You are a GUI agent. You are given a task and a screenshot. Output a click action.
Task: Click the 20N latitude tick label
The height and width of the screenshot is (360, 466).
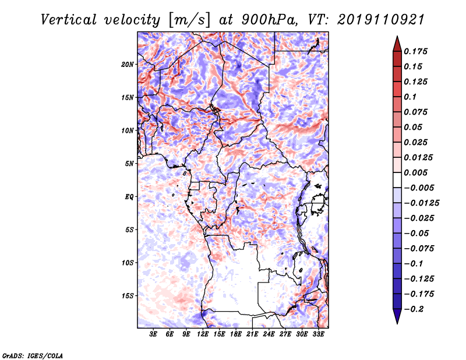(128, 65)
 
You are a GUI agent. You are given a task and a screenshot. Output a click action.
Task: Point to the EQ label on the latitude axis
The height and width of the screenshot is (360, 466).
(129, 197)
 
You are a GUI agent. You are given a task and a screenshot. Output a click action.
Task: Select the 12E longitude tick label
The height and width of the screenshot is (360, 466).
(202, 334)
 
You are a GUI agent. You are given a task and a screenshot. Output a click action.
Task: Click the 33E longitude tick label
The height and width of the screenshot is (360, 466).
(318, 334)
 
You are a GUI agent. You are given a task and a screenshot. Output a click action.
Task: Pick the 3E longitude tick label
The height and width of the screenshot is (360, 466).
(153, 334)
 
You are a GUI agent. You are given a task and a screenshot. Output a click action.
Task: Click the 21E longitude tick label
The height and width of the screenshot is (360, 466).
(252, 334)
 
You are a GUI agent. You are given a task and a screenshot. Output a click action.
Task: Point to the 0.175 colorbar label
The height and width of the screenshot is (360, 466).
(415, 51)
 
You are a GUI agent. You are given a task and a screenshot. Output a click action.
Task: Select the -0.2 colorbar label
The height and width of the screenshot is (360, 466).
(414, 309)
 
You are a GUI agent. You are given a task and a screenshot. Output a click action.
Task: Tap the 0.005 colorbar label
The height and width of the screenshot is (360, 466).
(415, 172)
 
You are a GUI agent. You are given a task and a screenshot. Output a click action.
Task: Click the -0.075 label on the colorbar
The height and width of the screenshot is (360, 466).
(419, 249)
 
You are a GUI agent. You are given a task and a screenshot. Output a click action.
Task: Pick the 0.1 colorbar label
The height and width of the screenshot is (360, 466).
(411, 97)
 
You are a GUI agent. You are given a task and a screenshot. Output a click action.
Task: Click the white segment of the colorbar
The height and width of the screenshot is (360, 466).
(397, 180)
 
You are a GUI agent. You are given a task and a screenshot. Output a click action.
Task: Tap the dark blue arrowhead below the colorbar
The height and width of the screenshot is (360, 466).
(397, 315)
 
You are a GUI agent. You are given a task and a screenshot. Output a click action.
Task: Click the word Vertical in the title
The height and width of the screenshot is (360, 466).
(69, 20)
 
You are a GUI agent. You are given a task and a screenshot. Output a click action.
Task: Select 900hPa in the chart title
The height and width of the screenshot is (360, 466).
(270, 20)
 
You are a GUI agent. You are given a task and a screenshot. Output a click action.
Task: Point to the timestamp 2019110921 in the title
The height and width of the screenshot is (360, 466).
(381, 20)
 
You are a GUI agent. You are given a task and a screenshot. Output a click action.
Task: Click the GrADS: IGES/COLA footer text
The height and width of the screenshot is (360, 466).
(33, 355)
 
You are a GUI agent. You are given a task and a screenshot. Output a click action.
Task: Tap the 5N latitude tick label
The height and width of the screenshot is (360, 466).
(129, 164)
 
